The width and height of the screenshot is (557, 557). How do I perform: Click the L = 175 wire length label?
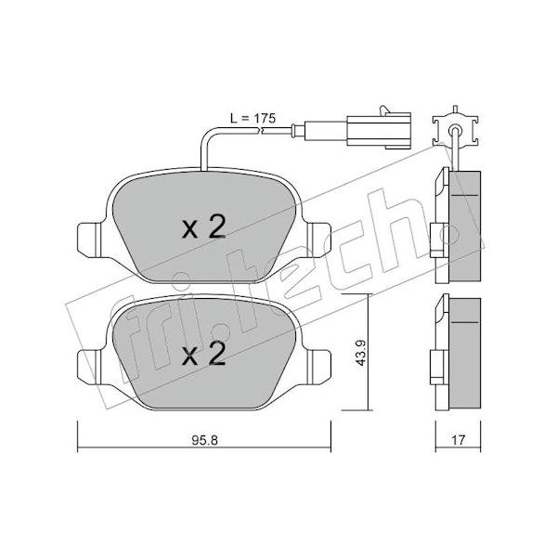(x=253, y=118)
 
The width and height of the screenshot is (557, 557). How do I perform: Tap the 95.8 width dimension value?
(x=204, y=440)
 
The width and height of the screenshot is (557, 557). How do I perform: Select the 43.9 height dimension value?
(x=361, y=353)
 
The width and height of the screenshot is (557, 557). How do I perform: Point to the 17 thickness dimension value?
(x=458, y=440)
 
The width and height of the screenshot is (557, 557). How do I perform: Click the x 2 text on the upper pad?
(x=204, y=227)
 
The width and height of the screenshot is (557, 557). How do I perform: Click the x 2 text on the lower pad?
(x=204, y=354)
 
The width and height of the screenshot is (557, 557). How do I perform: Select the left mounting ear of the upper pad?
(x=89, y=240)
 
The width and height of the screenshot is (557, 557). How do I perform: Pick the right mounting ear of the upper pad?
(x=319, y=240)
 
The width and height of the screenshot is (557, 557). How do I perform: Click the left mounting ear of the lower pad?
(x=89, y=367)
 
